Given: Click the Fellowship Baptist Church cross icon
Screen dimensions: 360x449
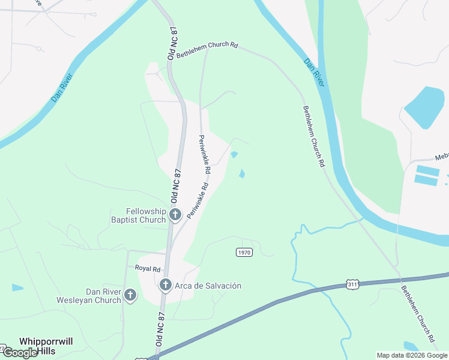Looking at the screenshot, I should [x=175, y=215].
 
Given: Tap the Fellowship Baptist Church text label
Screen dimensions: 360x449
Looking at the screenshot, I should [x=145, y=215].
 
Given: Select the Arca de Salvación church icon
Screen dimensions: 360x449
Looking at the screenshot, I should [x=166, y=286].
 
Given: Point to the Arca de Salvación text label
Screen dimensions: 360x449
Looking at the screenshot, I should [x=208, y=286].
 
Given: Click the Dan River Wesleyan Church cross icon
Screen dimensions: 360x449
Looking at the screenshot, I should [x=130, y=295].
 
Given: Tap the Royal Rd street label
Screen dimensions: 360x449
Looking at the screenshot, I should [x=148, y=269].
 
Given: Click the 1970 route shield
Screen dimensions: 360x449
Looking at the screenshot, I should [x=244, y=253].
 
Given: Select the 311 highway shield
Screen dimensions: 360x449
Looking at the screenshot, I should [x=352, y=283].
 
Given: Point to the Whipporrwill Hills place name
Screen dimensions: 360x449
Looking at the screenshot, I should [x=46, y=346].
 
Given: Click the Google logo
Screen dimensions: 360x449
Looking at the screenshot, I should [x=20, y=353].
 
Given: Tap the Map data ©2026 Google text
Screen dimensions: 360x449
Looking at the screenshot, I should [x=412, y=355].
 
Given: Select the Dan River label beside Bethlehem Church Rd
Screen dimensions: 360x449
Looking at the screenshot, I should [x=313, y=73].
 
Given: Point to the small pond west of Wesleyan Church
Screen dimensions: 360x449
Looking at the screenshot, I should [x=17, y=287].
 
